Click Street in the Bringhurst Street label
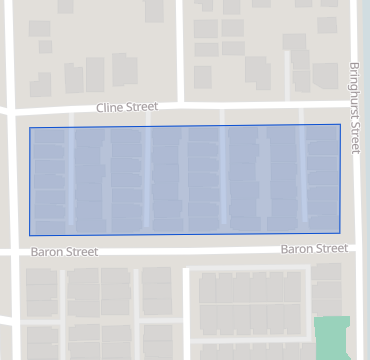tap(354, 137)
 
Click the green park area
tap(331, 337)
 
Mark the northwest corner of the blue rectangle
tap(30, 127)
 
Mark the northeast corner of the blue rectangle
tap(340, 124)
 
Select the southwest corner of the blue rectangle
tap(30, 236)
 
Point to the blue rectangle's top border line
tap(185, 125)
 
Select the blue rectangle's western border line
tap(30, 180)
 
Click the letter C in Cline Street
tap(99, 107)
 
